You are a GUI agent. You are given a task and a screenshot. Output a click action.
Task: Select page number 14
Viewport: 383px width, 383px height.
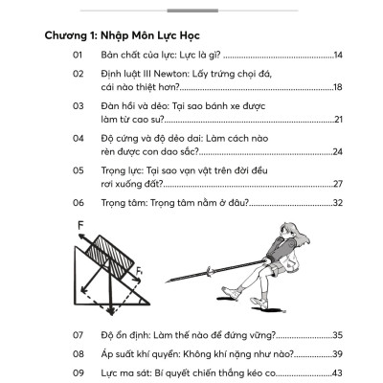(337, 56)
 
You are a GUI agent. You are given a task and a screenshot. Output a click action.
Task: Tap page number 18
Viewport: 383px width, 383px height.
(337, 87)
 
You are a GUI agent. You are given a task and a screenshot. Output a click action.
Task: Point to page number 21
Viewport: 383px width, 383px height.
(337, 119)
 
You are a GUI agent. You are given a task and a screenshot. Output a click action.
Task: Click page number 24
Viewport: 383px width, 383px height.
(337, 150)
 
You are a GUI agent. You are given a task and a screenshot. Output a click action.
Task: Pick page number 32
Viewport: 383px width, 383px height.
(337, 203)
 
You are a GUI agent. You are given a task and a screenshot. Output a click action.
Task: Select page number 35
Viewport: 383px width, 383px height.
(337, 335)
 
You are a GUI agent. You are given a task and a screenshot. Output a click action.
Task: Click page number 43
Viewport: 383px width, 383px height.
(337, 372)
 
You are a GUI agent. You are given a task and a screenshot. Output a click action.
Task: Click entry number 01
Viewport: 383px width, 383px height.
(79, 56)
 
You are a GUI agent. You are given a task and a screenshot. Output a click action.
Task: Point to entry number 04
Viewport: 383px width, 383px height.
(79, 137)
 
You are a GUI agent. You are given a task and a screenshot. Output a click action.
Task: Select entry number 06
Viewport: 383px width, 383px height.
(79, 203)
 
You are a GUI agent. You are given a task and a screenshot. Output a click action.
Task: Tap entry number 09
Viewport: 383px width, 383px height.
(79, 372)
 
